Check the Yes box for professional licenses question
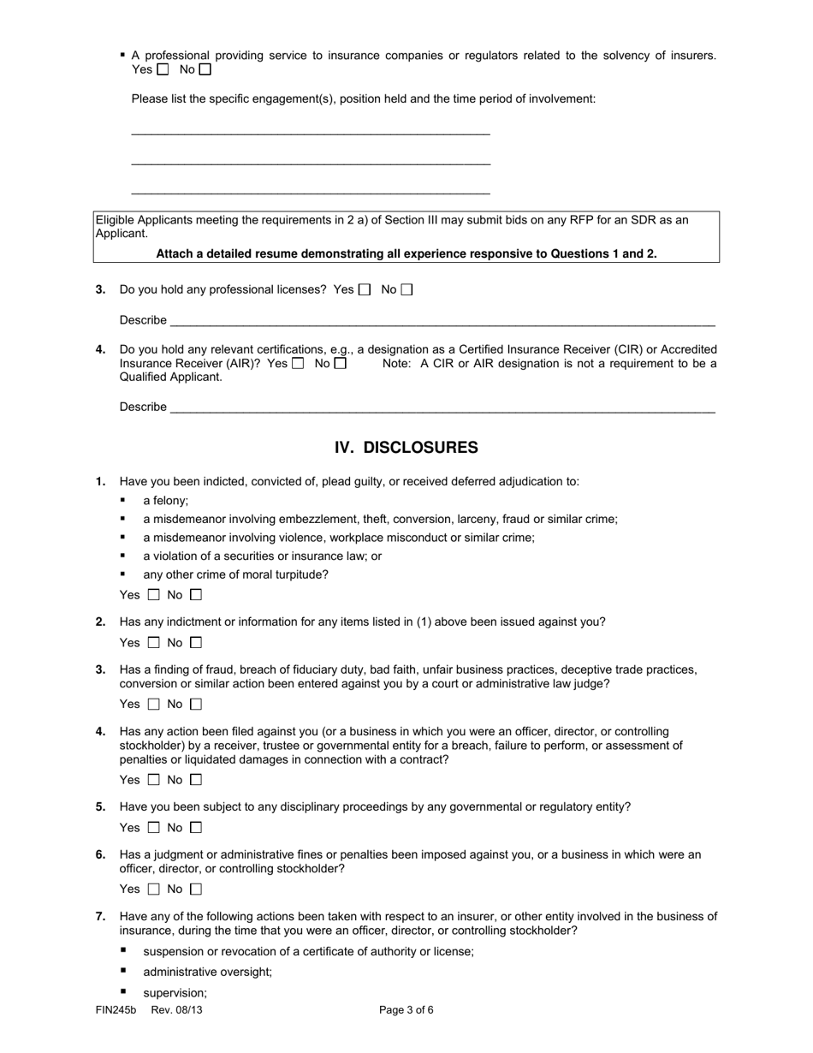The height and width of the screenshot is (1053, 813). [365, 290]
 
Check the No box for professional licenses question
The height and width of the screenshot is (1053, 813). [406, 290]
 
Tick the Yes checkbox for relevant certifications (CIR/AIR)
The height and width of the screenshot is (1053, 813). [298, 364]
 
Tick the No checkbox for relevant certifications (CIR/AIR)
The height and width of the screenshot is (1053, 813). [341, 364]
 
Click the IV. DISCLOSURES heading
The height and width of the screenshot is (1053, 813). [406, 448]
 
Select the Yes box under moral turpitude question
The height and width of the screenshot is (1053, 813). [154, 595]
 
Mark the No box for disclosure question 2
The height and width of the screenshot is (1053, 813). [196, 643]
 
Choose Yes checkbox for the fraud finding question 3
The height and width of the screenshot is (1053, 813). [154, 705]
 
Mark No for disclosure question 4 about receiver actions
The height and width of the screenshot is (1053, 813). [196, 780]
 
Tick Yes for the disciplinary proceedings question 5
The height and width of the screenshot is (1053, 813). [154, 828]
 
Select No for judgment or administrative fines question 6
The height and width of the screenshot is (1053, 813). [196, 889]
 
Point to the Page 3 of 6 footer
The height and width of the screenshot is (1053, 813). [406, 1010]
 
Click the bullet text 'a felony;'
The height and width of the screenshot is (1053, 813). [166, 501]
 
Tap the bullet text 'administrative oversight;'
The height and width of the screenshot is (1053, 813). [208, 973]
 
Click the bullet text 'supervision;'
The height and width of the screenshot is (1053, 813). [175, 994]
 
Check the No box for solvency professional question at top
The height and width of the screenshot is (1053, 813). [205, 70]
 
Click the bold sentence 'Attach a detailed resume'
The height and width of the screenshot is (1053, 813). [406, 254]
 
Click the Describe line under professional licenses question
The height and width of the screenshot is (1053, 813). [442, 322]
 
